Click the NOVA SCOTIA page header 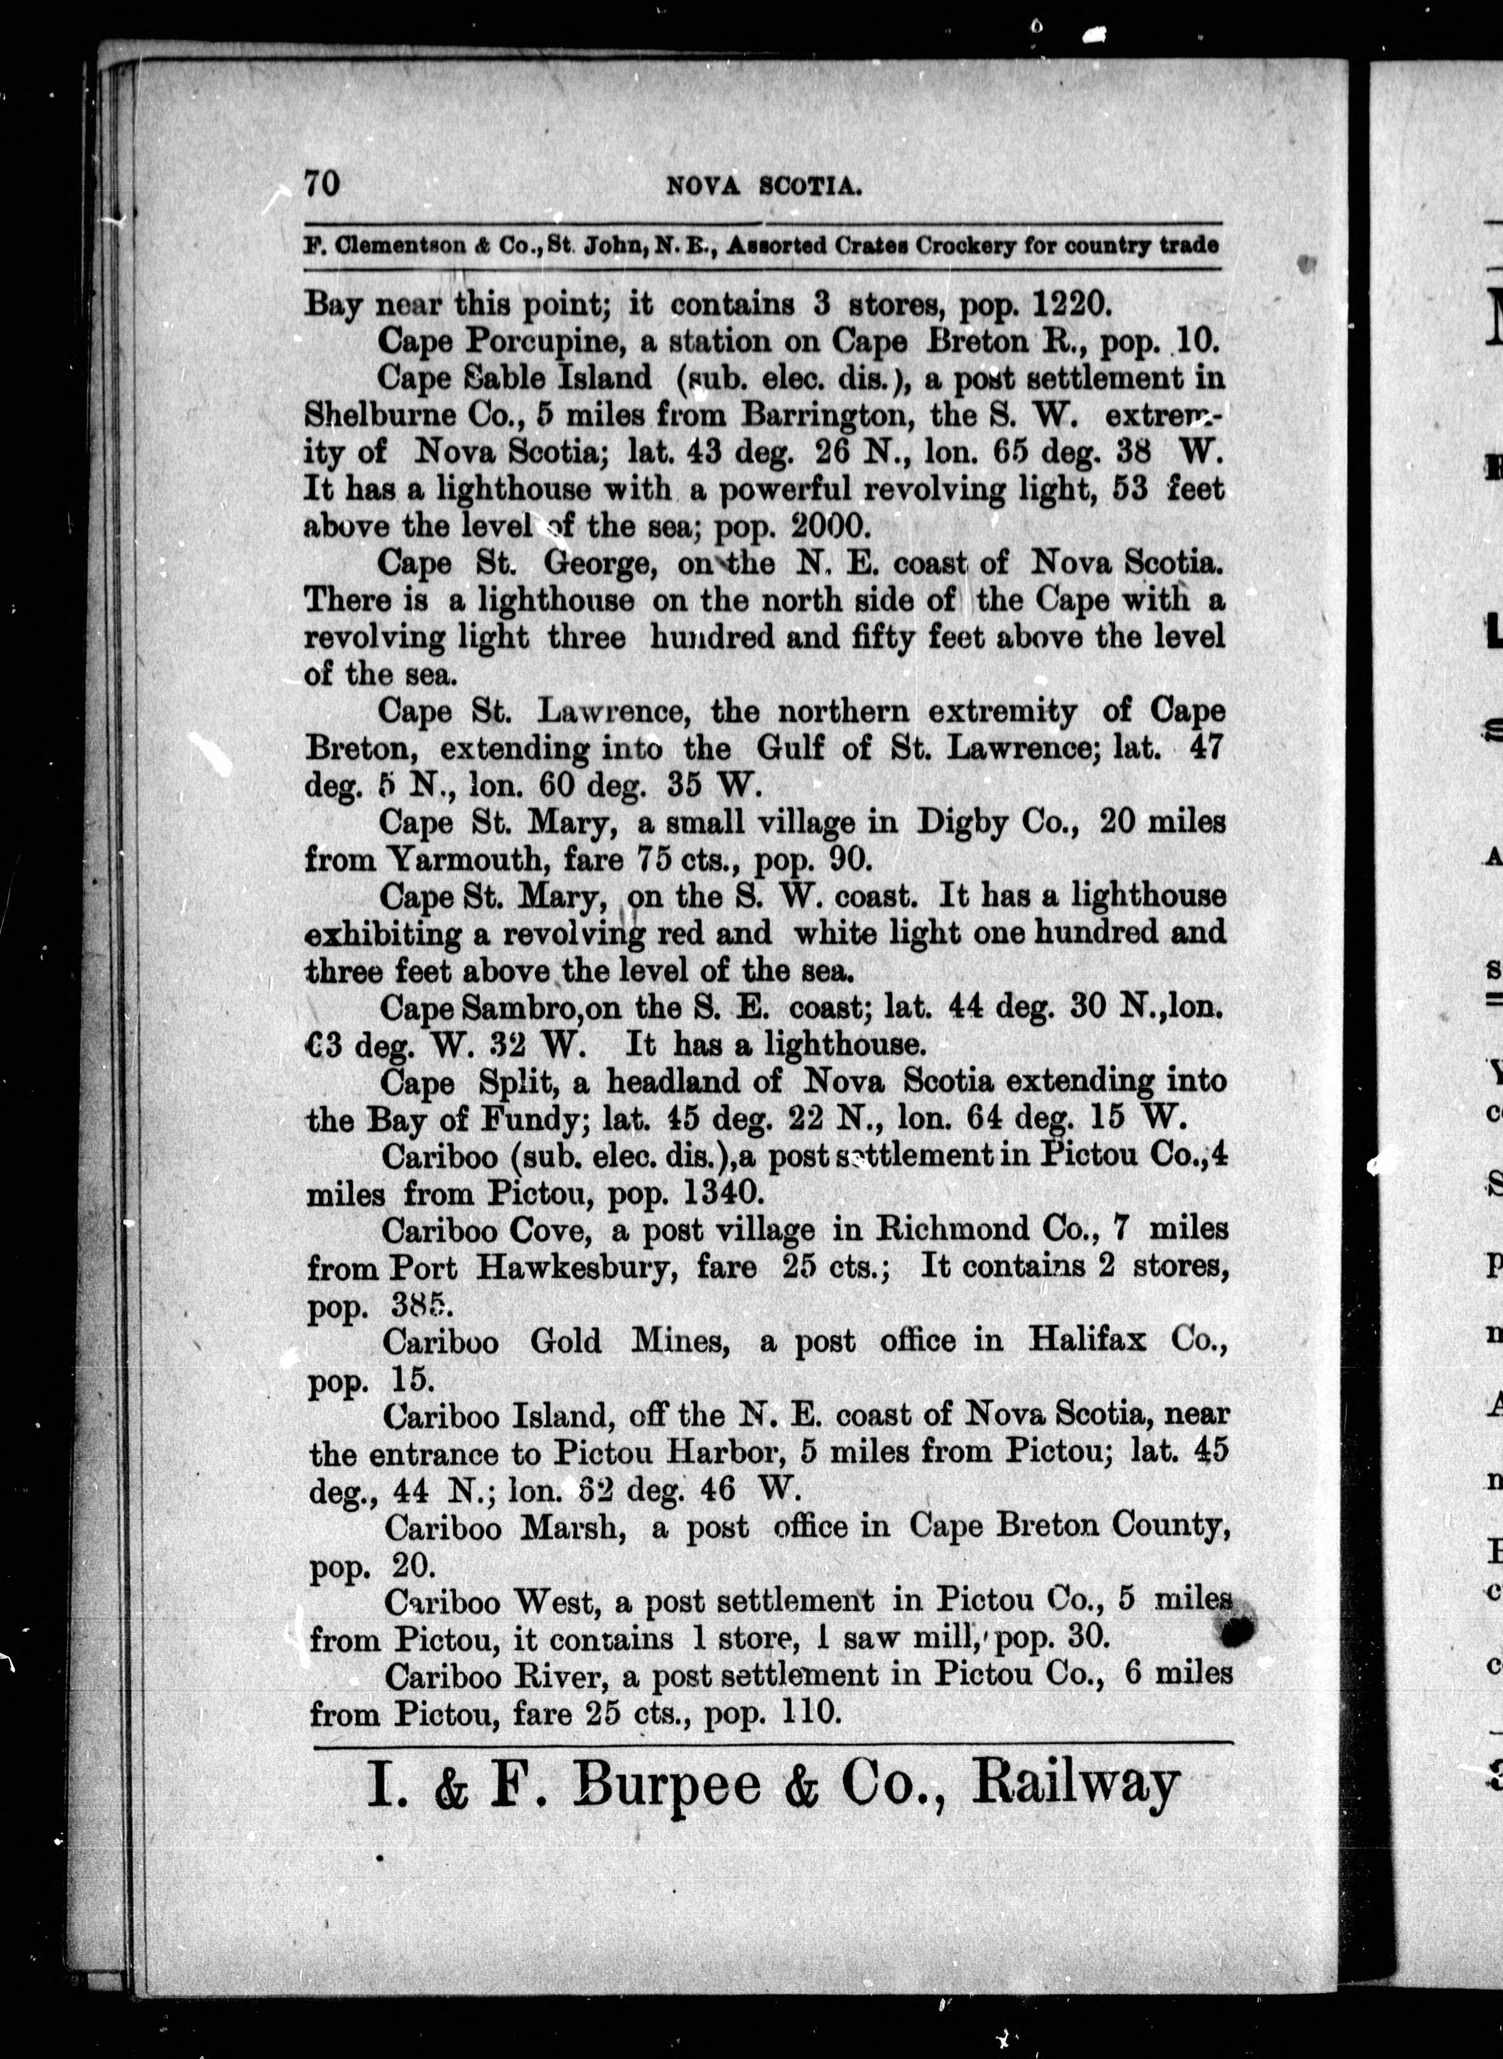pos(763,187)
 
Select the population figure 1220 pos(1061,303)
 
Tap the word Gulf pos(790,748)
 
